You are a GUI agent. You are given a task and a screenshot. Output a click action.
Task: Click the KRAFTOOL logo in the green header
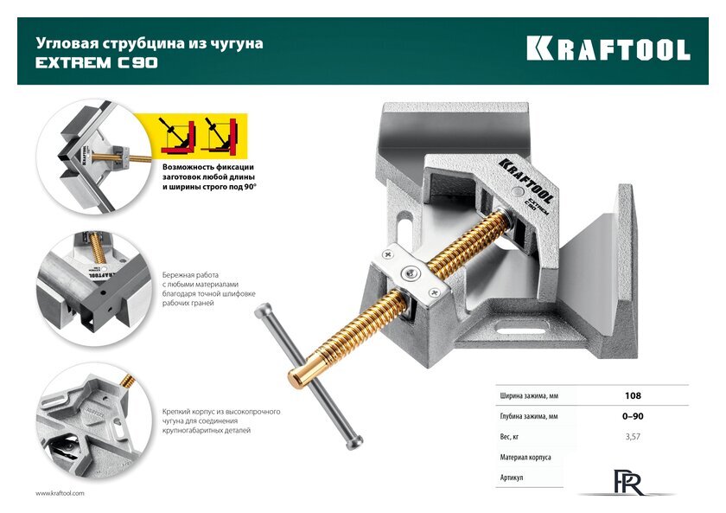[x=608, y=48]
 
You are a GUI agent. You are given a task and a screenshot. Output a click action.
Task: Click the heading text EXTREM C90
[x=96, y=62]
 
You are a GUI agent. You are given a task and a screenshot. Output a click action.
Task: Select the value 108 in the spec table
[x=633, y=396]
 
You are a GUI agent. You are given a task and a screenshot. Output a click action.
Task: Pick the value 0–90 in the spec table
[x=633, y=417]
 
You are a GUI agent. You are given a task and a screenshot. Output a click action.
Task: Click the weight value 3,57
[x=633, y=437]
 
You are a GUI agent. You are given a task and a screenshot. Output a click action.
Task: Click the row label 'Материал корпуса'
[x=525, y=457]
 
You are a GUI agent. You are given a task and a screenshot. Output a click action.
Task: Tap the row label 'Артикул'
[x=512, y=478]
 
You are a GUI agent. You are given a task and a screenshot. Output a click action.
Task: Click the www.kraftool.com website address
[x=60, y=493]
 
